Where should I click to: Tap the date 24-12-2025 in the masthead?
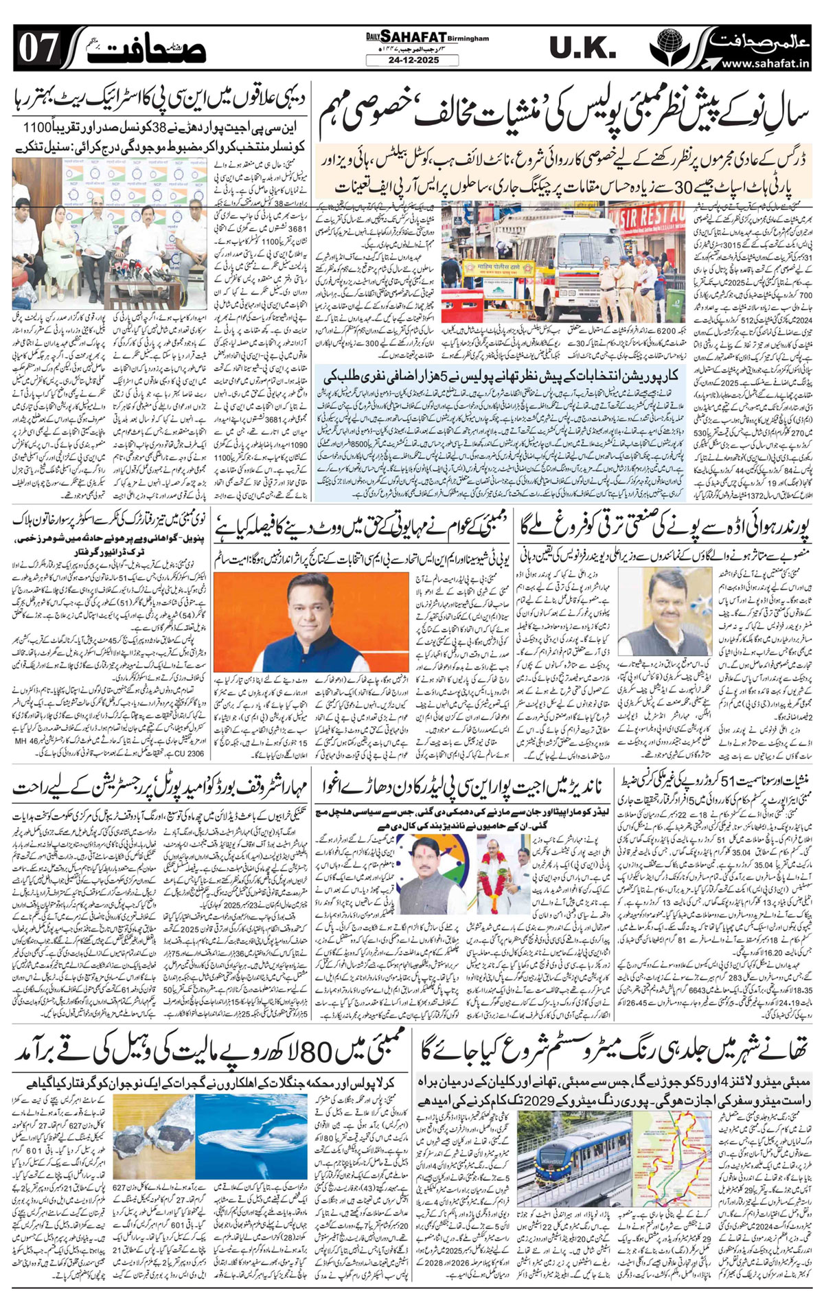point(411,60)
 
